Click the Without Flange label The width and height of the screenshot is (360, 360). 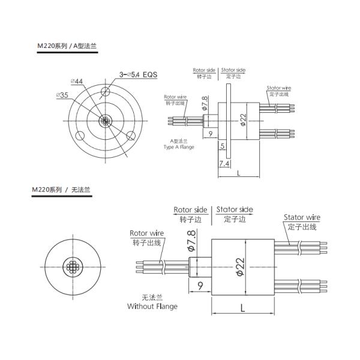tap(152, 306)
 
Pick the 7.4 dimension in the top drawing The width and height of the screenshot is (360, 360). tap(224, 163)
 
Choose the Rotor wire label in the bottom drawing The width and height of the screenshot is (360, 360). tap(147, 233)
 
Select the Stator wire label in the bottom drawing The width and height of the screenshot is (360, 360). tap(302, 217)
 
